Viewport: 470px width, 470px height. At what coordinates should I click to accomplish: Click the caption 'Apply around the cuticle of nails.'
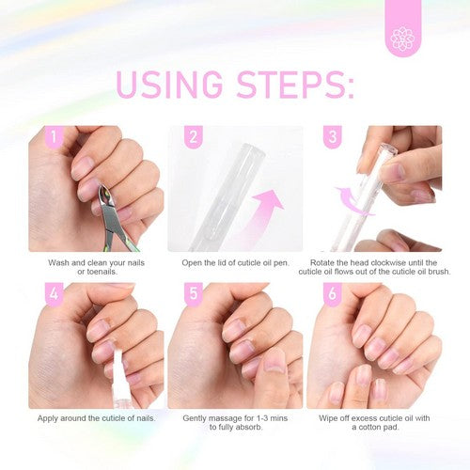pos(96,416)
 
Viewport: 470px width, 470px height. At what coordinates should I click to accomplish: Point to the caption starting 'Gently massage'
pos(235,421)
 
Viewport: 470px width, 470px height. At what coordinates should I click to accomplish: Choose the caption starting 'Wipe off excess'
pos(374,421)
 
